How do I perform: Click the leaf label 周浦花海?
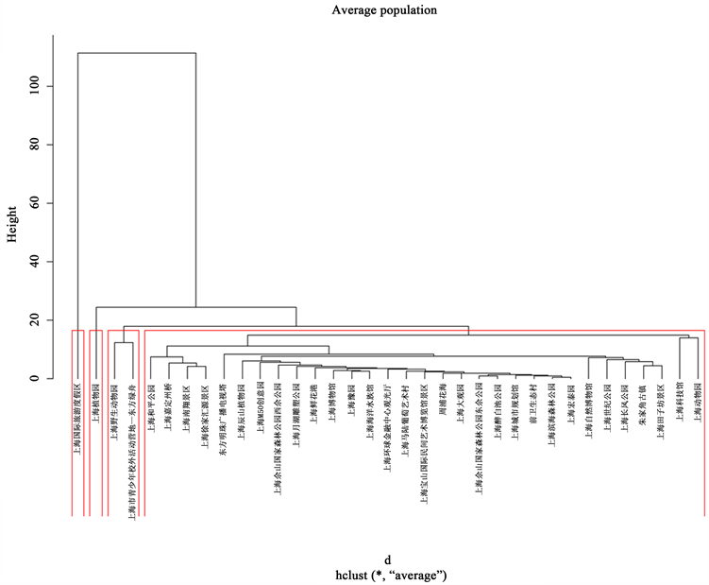441,402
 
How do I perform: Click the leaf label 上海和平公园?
151,407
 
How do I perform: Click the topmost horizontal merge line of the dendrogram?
136,53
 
